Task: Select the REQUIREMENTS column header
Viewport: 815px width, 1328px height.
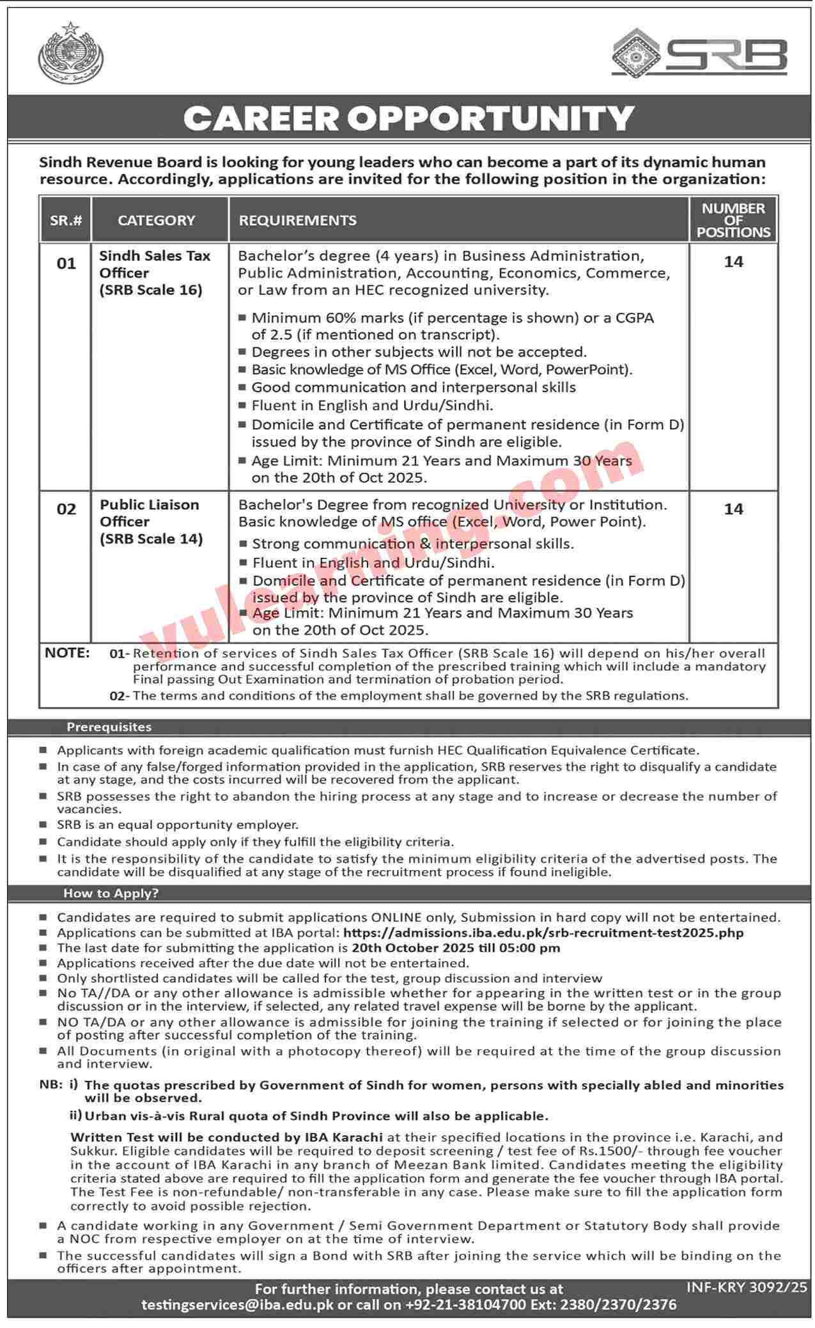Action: point(297,221)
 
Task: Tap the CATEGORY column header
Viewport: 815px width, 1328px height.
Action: point(157,221)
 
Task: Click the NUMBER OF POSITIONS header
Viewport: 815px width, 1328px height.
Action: point(733,220)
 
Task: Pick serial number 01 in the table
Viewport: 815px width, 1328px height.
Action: point(66,264)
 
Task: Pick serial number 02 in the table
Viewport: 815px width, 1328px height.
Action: point(66,509)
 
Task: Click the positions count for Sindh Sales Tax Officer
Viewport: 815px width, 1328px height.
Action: point(733,262)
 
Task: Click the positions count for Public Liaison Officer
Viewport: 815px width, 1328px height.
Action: point(733,509)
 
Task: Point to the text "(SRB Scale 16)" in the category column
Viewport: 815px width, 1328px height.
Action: point(151,290)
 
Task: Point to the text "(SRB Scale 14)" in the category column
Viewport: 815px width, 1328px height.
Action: point(151,539)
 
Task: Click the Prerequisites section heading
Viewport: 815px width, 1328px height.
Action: point(109,727)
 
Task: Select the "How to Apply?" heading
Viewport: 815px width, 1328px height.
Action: point(111,893)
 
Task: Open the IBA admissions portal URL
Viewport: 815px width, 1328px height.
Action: point(543,933)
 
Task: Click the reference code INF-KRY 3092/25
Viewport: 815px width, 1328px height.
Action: point(747,1287)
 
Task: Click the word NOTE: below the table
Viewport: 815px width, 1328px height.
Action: point(67,653)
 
